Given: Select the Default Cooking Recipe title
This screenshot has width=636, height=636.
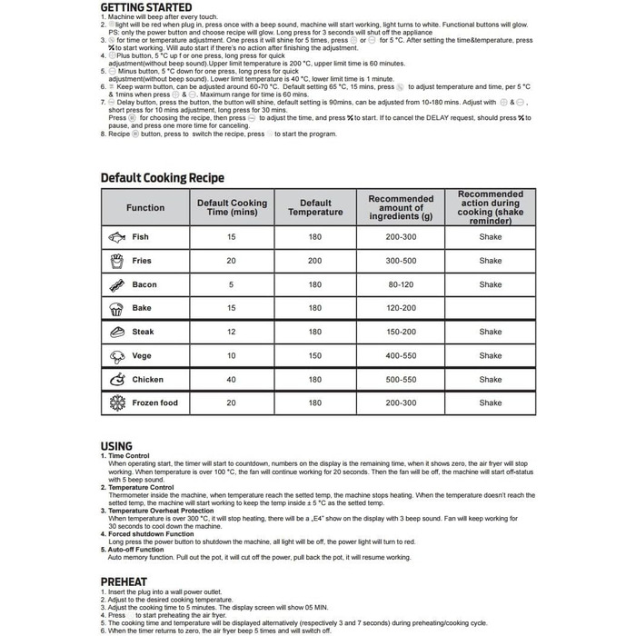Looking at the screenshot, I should point(162,178).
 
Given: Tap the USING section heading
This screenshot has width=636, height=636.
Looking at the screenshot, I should point(116,446).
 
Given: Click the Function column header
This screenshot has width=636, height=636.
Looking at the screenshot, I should point(145,208).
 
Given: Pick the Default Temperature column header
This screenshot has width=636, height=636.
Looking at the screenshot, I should point(315,208).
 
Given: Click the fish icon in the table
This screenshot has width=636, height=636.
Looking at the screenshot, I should point(116,237).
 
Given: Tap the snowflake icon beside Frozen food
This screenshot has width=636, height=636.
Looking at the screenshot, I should point(116,402).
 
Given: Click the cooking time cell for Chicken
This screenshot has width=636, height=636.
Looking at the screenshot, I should point(231,379).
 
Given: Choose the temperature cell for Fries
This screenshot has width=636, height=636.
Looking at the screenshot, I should point(315,261).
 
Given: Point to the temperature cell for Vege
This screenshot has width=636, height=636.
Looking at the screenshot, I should point(315,355).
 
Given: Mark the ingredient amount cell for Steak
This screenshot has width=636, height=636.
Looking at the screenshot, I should point(401,332).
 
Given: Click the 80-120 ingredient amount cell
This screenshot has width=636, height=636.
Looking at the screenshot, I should point(401,284).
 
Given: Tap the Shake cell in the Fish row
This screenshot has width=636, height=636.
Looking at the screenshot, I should point(490,237).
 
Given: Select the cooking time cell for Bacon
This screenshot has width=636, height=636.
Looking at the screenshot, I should point(231,284).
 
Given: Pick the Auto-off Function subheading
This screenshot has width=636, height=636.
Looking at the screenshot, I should point(136,549).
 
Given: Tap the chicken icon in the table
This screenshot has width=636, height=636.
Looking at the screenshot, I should point(116,379).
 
